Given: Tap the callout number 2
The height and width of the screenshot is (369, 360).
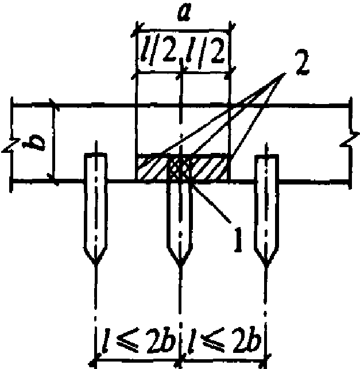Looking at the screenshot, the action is point(303,62).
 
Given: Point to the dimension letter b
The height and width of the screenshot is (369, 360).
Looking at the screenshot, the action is point(34,143).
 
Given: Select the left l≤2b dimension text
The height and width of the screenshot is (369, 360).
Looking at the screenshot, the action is point(138,340).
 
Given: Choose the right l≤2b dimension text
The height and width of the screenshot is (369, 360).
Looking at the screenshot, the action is point(224,340).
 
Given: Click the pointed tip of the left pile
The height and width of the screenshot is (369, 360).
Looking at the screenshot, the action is point(96,264).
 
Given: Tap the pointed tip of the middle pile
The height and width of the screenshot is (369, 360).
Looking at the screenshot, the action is point(180,266).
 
